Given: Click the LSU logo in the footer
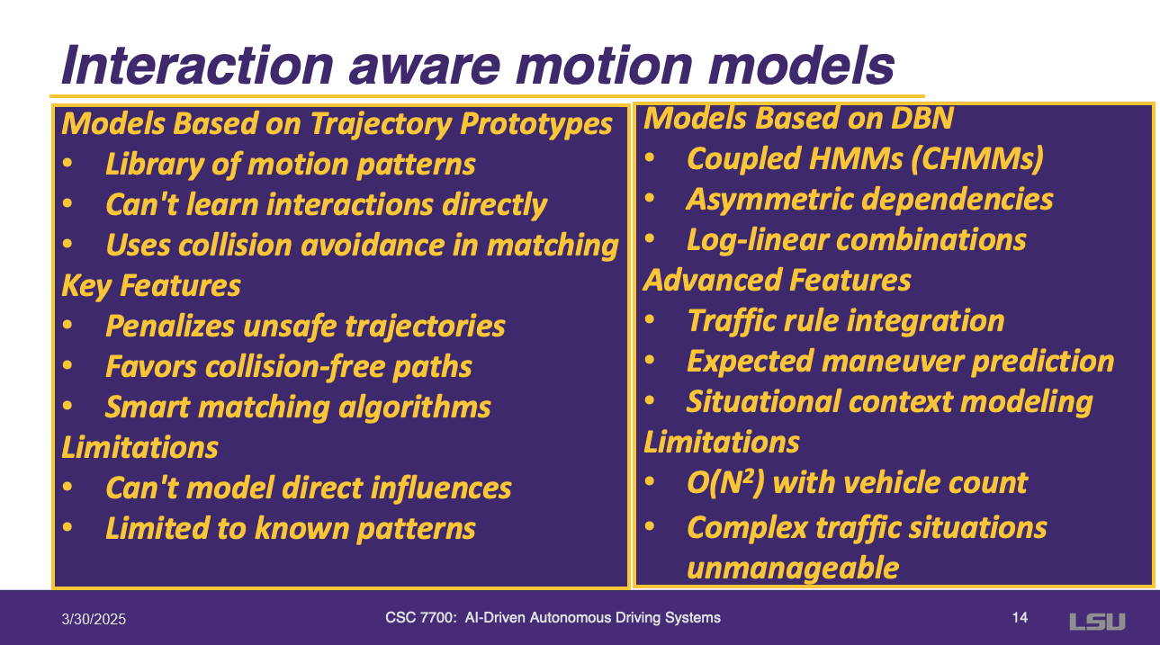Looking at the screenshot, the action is [1097, 622].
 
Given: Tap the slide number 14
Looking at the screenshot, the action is [1020, 618].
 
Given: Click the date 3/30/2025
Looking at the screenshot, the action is [94, 619].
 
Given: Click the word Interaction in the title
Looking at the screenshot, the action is [197, 66].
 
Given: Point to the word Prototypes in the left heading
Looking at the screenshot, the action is [536, 124].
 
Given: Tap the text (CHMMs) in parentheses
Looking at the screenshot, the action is [976, 159].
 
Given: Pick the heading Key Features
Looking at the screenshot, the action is [151, 286].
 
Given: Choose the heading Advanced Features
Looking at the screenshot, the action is [777, 281].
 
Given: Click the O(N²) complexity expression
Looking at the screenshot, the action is [725, 483].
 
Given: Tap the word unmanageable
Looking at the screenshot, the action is [793, 569].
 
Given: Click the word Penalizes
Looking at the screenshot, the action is [170, 327].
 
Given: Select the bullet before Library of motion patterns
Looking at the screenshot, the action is [67, 163].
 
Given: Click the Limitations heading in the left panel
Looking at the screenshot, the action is [139, 448].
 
